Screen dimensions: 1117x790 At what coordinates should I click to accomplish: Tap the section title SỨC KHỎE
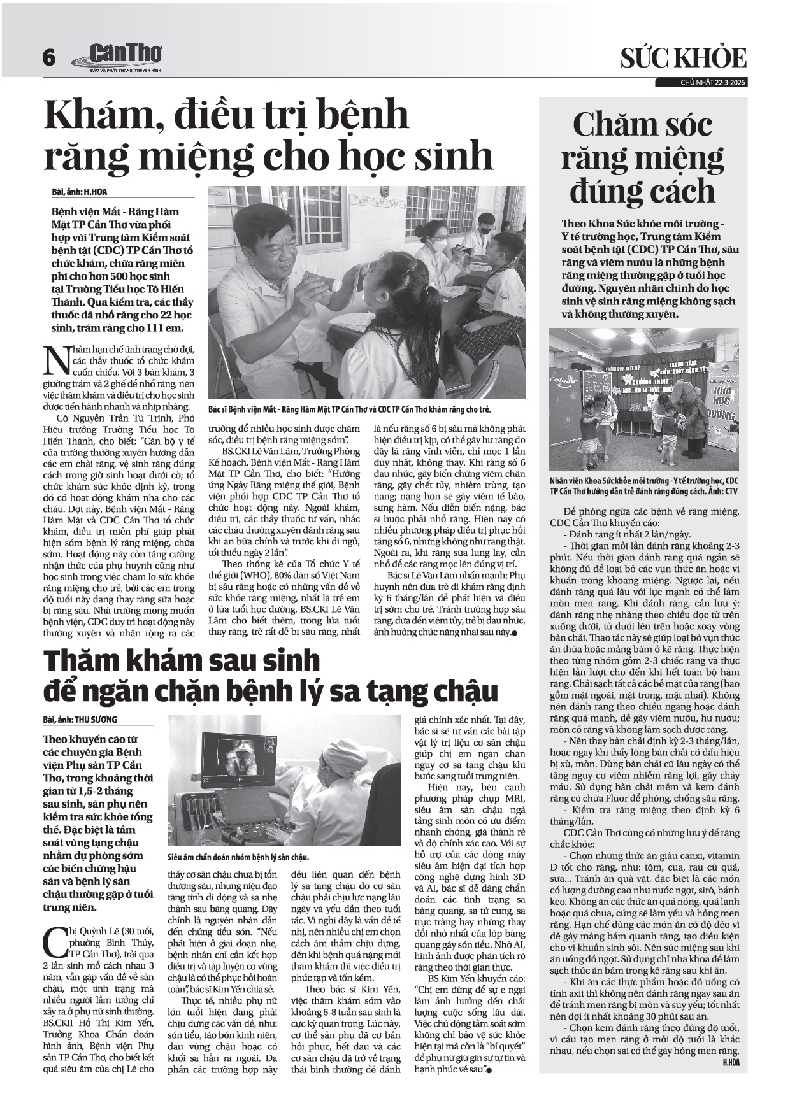tap(684, 59)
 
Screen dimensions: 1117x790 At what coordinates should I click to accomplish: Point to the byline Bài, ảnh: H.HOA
tap(76, 191)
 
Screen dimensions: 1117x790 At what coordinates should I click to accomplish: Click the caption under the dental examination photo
tap(349, 409)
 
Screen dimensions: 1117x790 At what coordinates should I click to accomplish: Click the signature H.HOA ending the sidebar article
tap(730, 1063)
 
